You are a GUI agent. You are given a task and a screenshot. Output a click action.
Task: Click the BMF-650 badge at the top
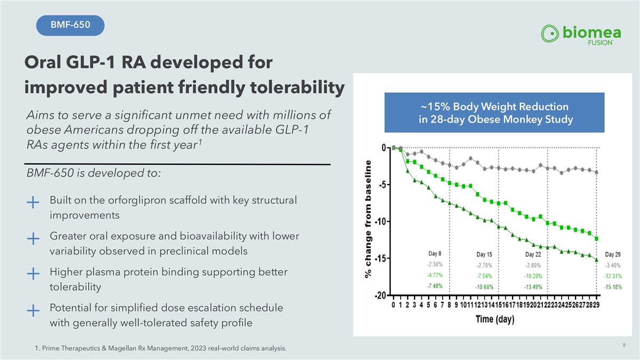(70, 25)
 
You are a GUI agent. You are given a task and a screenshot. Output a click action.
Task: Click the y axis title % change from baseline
(368, 220)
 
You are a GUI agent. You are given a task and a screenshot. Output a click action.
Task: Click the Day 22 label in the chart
(533, 254)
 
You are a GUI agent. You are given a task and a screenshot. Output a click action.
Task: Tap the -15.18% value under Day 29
(612, 287)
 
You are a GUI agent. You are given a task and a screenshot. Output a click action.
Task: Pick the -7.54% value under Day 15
(484, 276)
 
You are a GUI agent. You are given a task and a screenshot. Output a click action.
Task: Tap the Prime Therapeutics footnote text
(159, 349)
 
